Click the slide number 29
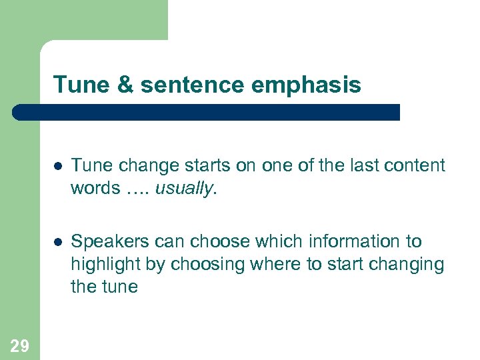tap(19, 345)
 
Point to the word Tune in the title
tap(75, 85)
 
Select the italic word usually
tap(183, 189)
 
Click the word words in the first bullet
tap(94, 189)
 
